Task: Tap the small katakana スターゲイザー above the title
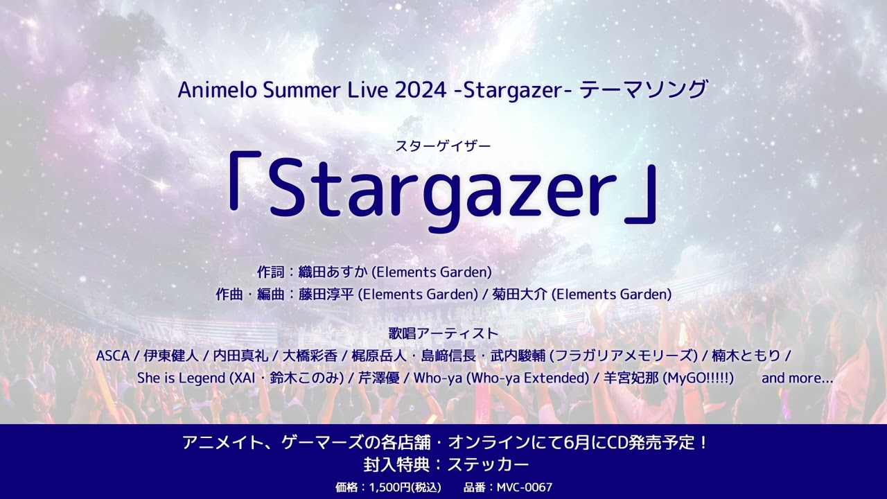point(443,146)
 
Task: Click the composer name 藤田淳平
point(327,295)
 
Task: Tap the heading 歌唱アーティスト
point(443,334)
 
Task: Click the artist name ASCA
point(113,356)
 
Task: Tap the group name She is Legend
point(182,378)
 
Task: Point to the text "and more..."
point(797,378)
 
